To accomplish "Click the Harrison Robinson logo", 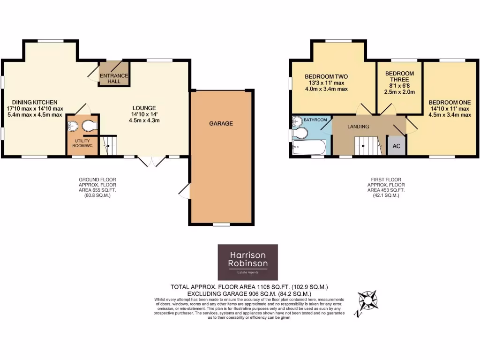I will (x=247, y=262).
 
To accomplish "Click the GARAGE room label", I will (x=221, y=124).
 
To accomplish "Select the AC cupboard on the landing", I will (x=396, y=146).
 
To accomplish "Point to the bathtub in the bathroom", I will (x=309, y=148).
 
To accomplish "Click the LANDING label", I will (x=358, y=127).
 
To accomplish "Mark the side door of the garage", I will (x=186, y=191).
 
